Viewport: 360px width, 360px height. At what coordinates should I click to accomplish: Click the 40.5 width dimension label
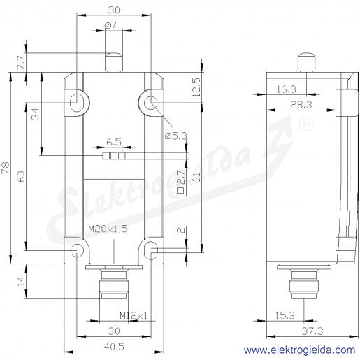pyautogui.click(x=114, y=347)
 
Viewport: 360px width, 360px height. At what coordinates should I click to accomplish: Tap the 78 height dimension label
pyautogui.click(x=6, y=168)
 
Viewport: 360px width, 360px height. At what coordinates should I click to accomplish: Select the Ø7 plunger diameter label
pyautogui.click(x=110, y=25)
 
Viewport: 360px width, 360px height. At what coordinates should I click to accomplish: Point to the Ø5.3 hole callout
pyautogui.click(x=176, y=136)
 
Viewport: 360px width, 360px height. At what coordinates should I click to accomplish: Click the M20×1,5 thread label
pyautogui.click(x=108, y=229)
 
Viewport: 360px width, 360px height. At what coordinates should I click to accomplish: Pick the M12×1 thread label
pyautogui.click(x=134, y=316)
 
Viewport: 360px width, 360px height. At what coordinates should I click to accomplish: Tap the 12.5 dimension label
pyautogui.click(x=196, y=87)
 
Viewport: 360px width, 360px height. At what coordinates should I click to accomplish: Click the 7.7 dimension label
pyautogui.click(x=21, y=62)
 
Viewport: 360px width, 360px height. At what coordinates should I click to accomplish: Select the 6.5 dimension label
pyautogui.click(x=114, y=142)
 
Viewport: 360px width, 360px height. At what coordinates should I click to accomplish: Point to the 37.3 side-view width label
pyautogui.click(x=312, y=331)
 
